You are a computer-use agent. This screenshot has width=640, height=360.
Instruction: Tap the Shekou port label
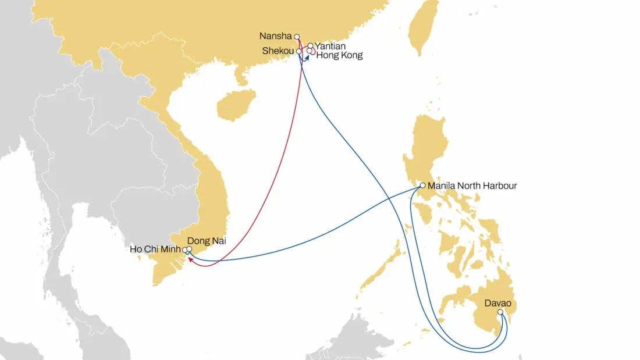tap(278, 51)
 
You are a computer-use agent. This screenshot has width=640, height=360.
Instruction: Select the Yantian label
tap(330, 46)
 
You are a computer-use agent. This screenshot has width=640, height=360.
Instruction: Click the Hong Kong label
tap(340, 56)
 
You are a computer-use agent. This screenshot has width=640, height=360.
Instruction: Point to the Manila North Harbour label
tap(472, 186)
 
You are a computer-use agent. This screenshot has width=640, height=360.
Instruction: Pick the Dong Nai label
tap(207, 240)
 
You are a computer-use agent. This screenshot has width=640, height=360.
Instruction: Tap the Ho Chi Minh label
tap(155, 250)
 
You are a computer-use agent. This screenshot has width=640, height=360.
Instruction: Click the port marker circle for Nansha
tap(297, 36)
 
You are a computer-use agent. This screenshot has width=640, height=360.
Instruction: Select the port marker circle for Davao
tap(500, 312)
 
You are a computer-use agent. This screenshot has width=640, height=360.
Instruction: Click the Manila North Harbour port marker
tap(422, 186)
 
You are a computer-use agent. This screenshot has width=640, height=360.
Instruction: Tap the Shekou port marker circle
tap(299, 51)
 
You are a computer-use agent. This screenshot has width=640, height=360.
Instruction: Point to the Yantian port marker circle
tap(311, 45)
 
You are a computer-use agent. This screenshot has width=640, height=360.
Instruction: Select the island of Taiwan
tap(424, 26)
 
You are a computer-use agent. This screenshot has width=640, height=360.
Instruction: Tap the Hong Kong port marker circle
tap(310, 51)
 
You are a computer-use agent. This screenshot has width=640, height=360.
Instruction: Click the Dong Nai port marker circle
tap(189, 249)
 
